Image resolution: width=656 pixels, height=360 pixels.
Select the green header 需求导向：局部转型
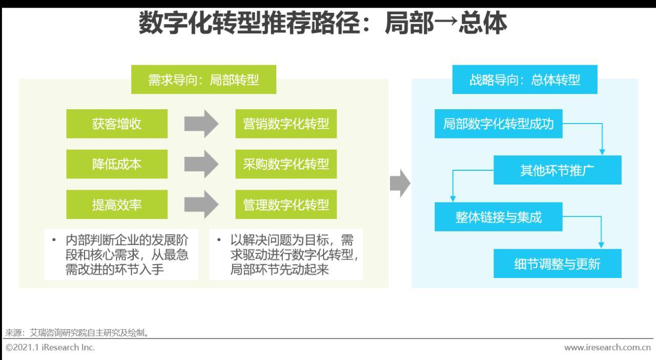click(x=203, y=79)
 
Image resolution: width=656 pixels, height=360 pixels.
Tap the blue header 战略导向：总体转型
click(x=524, y=79)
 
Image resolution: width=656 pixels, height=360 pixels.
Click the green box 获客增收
click(x=117, y=124)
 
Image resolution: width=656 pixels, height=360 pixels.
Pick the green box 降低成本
click(x=117, y=164)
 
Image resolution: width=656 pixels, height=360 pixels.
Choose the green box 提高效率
click(x=117, y=205)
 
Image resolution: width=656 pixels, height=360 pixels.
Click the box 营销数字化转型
click(x=286, y=124)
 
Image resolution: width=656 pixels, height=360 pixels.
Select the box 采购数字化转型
click(x=286, y=164)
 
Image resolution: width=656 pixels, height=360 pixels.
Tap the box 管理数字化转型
click(x=286, y=205)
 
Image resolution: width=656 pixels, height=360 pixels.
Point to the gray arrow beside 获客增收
click(x=201, y=124)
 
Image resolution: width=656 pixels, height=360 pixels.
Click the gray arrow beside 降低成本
click(x=201, y=164)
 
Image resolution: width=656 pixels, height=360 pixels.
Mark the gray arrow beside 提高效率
click(x=201, y=205)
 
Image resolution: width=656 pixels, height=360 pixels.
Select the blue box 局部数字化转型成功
click(x=498, y=124)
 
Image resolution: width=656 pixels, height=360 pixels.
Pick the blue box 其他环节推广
click(x=557, y=170)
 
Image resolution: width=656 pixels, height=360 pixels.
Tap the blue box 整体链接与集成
click(x=498, y=217)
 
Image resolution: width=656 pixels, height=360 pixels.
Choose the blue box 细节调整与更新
click(x=557, y=264)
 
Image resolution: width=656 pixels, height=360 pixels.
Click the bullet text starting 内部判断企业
click(x=121, y=254)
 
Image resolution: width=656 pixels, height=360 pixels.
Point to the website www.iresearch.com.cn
click(x=607, y=348)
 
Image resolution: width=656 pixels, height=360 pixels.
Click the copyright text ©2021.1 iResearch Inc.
click(x=50, y=348)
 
